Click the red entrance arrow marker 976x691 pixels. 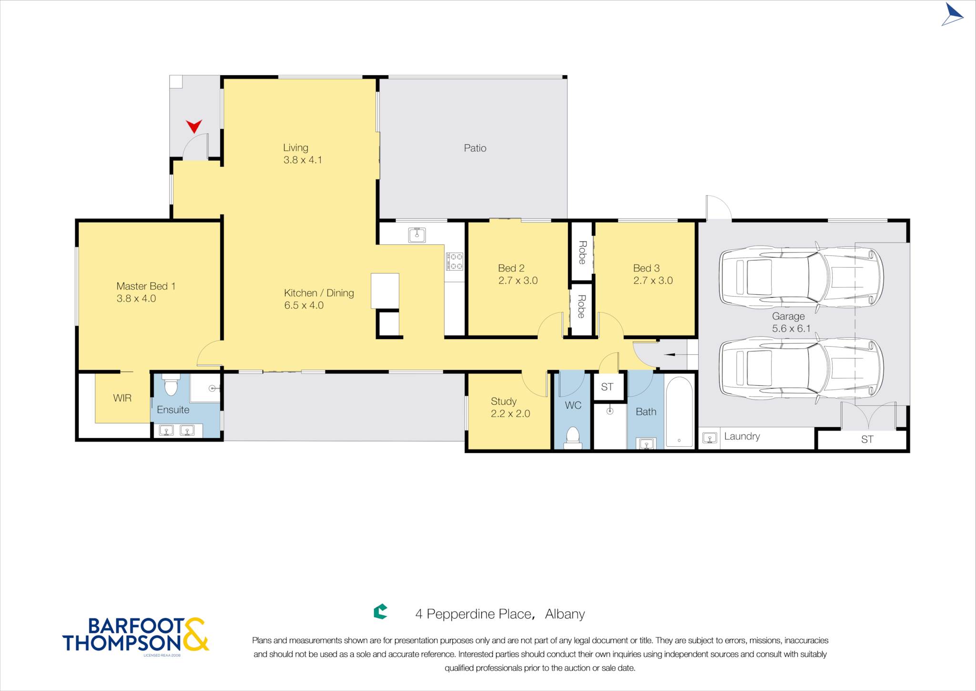click(194, 126)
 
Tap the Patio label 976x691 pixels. click(475, 148)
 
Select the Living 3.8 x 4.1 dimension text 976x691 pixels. click(303, 160)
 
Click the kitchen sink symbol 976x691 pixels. click(417, 235)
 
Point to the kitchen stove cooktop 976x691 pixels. click(454, 261)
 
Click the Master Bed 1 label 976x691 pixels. click(146, 286)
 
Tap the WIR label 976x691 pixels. click(122, 398)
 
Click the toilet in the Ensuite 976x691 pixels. click(171, 384)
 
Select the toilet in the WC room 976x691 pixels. click(572, 438)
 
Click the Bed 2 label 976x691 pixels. click(511, 268)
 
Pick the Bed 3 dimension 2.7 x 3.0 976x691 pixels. click(653, 280)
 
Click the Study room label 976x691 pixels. click(504, 401)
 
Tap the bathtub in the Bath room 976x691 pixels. click(679, 412)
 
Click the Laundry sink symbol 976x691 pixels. click(710, 438)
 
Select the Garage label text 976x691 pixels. click(788, 316)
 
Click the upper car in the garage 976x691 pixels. click(801, 277)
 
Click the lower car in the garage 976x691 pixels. click(801, 368)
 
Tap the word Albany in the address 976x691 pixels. click(565, 614)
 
